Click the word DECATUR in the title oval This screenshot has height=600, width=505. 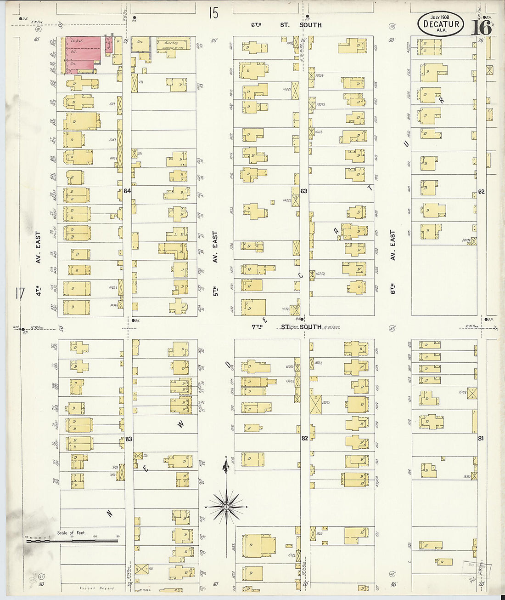click(441, 24)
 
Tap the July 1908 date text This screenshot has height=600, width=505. click(439, 17)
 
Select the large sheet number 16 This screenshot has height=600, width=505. click(481, 27)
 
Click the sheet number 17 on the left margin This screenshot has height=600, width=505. click(19, 293)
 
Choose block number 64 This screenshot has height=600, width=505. click(127, 191)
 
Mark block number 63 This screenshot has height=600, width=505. click(303, 191)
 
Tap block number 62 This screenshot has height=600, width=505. click(481, 192)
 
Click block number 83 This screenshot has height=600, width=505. click(129, 439)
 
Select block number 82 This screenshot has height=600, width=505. click(304, 438)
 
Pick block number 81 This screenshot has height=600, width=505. click(480, 438)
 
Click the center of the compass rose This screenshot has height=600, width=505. click(226, 507)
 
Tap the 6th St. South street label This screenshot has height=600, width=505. click(286, 25)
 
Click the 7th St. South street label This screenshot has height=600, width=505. click(286, 327)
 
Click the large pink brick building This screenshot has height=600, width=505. click(83, 54)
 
